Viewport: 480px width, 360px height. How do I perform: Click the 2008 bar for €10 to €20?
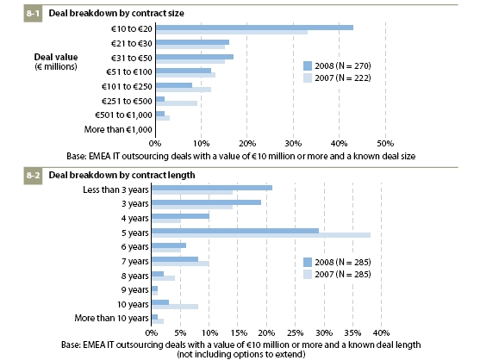(254, 28)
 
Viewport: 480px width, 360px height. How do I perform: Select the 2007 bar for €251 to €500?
(177, 103)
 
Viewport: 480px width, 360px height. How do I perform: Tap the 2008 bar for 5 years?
(235, 231)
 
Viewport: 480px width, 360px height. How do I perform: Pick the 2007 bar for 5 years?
(261, 235)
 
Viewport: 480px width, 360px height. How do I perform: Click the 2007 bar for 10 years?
(175, 307)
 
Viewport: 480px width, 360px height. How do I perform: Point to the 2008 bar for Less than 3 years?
(212, 188)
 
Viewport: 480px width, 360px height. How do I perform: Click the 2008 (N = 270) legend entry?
(337, 65)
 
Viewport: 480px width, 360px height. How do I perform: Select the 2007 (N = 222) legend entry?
(337, 78)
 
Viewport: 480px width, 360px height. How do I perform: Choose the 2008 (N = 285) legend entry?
(337, 262)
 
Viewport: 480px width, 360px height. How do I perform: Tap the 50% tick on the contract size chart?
(385, 144)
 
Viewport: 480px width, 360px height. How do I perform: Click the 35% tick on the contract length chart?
(352, 332)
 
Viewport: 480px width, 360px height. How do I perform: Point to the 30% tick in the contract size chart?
(293, 144)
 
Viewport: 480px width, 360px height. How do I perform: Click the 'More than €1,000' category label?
(118, 130)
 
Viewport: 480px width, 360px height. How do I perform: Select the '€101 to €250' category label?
(127, 87)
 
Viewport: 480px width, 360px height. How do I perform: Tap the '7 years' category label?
(134, 262)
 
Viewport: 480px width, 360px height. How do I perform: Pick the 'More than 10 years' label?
(111, 319)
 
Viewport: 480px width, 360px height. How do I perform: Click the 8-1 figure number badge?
(33, 14)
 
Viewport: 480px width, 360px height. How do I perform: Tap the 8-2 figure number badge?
(33, 175)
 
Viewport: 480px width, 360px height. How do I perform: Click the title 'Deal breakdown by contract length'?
(122, 175)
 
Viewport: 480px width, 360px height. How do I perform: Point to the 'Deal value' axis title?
(56, 57)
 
